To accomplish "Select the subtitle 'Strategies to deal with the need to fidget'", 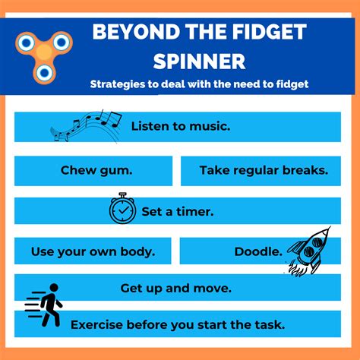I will [199, 84].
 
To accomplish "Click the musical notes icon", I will [86, 126].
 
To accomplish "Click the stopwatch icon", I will [122, 208].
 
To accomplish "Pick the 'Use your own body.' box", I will [93, 250].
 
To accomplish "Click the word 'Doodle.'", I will [258, 250].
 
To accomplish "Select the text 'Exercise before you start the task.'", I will [178, 325].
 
